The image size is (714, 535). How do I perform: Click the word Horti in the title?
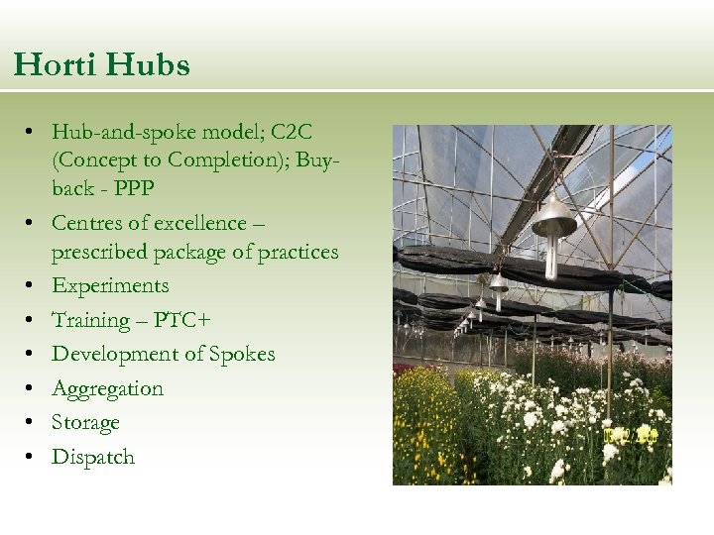point(55,65)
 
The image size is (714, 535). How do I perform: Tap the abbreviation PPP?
point(133,188)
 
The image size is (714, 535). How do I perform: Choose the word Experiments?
point(110,286)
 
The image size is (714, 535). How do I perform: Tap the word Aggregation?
point(107,388)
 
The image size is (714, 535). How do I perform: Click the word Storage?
point(85,423)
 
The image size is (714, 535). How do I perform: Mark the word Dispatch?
point(92,457)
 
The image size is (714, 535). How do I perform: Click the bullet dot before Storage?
point(33,423)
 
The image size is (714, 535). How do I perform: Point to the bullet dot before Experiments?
point(33,286)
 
